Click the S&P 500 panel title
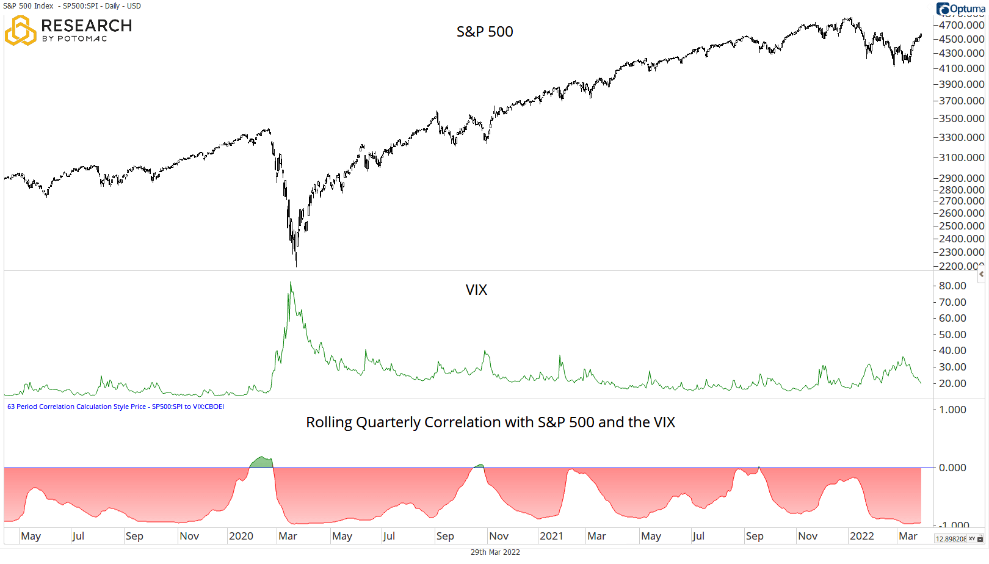485,32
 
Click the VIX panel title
476,290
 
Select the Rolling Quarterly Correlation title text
490,422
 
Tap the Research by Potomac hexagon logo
20,31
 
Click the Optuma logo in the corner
960,9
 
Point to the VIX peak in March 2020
291,283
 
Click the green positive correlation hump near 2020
262,462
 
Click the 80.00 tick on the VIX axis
952,286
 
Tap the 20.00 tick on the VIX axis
952,383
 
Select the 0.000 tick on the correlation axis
952,468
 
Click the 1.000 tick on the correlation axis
952,410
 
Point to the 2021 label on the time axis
551,536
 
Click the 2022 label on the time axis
861,536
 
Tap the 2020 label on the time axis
241,536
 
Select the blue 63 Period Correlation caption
115,407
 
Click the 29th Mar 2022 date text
495,552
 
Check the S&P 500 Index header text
71,6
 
